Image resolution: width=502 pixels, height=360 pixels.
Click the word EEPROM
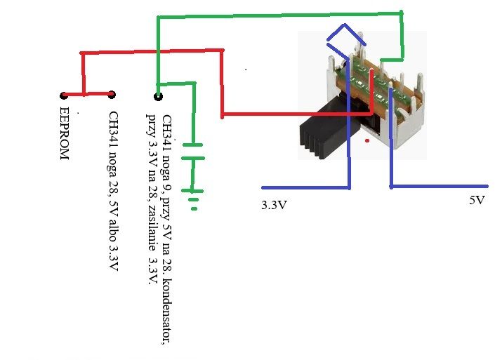tap(65, 133)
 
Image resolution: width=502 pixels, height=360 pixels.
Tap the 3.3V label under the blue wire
tap(274, 205)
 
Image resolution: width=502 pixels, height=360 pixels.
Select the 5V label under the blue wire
tap(477, 200)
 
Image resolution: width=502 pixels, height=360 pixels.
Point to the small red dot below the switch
tap(367, 140)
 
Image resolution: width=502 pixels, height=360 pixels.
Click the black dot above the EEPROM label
tap(64, 95)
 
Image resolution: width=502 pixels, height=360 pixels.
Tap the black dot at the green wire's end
tap(158, 96)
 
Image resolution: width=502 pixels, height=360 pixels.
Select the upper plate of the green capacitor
tap(193, 145)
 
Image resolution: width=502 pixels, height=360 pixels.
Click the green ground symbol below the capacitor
tap(193, 199)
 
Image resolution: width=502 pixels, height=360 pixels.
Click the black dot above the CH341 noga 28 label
tap(112, 95)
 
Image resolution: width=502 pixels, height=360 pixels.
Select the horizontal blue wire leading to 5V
tap(440, 186)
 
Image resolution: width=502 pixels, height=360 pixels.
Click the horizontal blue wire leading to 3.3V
tap(306, 188)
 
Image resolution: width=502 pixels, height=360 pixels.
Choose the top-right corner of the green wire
tap(402, 13)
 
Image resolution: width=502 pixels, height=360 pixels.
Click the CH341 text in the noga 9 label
tap(167, 127)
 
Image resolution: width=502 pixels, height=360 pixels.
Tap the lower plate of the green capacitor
tap(193, 158)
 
